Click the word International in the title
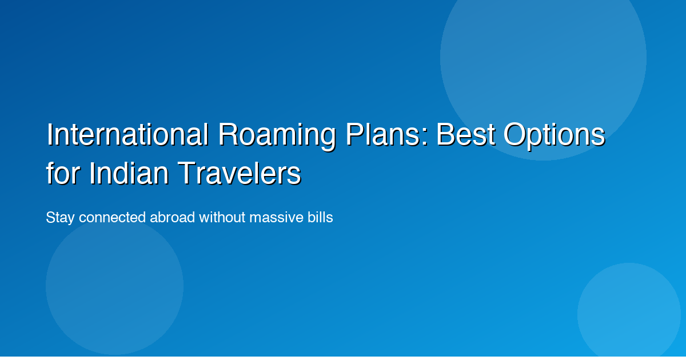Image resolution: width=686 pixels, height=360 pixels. [x=127, y=135]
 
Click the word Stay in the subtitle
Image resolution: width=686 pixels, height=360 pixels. [x=60, y=218]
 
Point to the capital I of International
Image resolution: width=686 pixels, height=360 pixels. [x=50, y=135]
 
